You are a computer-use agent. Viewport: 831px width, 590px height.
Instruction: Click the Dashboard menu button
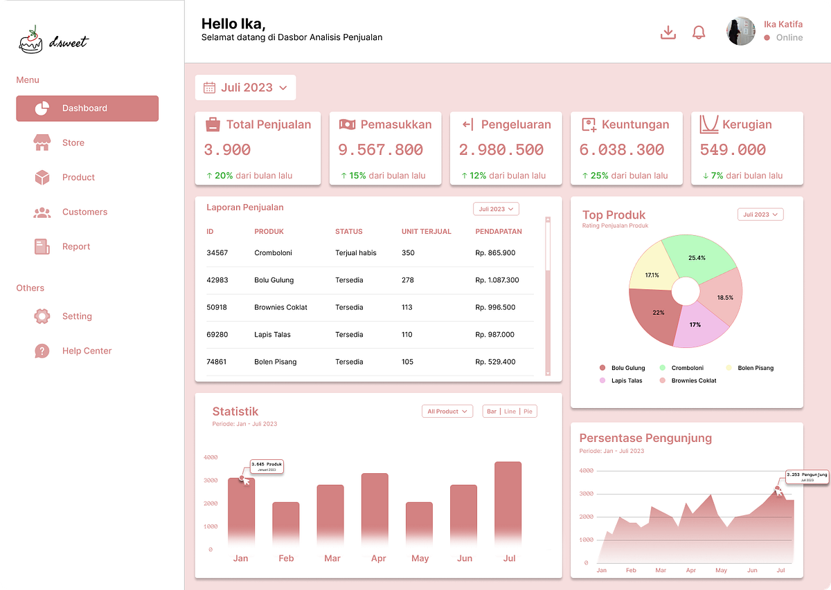87,109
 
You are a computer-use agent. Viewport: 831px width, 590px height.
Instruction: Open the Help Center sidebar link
87,351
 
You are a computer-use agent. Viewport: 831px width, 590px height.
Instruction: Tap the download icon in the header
668,33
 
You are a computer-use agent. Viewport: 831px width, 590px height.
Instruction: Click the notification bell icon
699,33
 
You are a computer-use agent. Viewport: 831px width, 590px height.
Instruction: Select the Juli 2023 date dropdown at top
245,88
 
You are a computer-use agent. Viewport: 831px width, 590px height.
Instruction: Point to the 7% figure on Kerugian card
717,176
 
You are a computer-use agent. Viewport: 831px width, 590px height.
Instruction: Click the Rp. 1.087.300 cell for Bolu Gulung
497,280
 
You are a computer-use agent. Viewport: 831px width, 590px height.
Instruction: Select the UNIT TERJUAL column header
426,232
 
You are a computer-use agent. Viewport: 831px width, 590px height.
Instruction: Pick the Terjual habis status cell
355,253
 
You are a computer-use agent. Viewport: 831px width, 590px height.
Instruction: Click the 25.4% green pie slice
697,257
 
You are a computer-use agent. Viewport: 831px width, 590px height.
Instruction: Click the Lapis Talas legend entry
626,381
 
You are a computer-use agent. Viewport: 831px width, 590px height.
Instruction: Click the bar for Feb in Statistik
285,522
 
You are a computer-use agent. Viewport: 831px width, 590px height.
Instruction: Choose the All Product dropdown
447,412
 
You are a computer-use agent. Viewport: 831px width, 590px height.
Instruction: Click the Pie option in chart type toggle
528,412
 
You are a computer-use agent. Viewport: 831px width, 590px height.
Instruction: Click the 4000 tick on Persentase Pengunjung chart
585,470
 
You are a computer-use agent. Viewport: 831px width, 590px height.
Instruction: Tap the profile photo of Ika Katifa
740,32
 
